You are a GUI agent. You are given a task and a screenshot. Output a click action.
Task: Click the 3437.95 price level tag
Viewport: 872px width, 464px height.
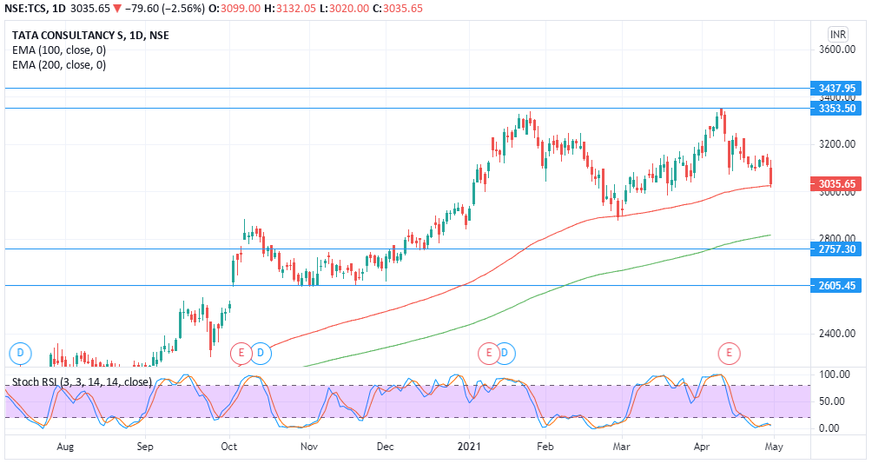point(837,88)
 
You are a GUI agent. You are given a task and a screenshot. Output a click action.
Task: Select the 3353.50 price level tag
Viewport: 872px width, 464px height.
point(837,108)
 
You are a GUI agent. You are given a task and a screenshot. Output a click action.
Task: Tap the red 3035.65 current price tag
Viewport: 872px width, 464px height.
point(837,184)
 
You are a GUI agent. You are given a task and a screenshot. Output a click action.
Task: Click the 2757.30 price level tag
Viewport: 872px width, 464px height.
point(837,249)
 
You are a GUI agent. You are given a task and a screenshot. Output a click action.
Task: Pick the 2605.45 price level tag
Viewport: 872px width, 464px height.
point(837,285)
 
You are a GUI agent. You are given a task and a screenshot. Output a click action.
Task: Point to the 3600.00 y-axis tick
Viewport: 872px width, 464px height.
point(837,50)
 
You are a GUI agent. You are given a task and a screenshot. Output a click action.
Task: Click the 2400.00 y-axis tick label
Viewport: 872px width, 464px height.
point(837,334)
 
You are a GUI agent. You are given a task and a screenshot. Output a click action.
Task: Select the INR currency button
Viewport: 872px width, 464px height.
point(837,34)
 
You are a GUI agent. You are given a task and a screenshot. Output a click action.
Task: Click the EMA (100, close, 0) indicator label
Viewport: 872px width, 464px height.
point(59,50)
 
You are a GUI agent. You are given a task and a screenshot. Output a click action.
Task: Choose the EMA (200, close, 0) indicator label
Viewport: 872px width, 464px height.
point(59,64)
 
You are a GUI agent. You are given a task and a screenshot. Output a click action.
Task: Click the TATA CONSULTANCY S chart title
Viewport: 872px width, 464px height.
point(90,35)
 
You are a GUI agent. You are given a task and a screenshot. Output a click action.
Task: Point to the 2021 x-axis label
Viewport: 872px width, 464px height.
point(469,447)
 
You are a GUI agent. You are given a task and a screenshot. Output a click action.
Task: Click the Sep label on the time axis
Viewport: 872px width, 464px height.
point(145,447)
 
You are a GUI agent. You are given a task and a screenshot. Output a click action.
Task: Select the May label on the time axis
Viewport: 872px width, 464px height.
point(774,447)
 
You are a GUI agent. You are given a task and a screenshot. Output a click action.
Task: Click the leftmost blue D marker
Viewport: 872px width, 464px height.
point(19,353)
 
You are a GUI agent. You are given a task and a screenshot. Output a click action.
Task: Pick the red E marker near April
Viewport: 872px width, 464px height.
point(730,353)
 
